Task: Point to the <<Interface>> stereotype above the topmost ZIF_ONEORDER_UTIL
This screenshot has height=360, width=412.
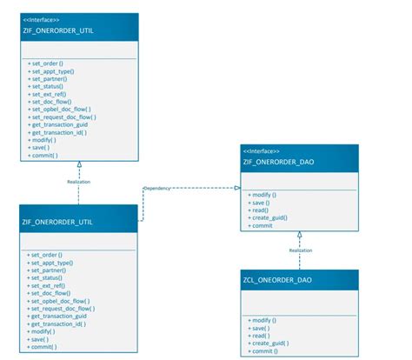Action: pyautogui.click(x=41, y=20)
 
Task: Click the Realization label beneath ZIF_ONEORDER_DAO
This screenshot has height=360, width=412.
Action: pyautogui.click(x=301, y=250)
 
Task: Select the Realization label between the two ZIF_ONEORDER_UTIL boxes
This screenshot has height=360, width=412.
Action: pyautogui.click(x=79, y=182)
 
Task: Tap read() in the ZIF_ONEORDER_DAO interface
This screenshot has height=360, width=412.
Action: pyautogui.click(x=259, y=210)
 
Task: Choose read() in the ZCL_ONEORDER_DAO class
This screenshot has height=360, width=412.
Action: pyautogui.click(x=259, y=336)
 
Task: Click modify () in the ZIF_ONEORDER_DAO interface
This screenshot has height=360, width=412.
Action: pyautogui.click(x=262, y=195)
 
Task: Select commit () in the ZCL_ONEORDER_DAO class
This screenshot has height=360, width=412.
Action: pyautogui.click(x=263, y=351)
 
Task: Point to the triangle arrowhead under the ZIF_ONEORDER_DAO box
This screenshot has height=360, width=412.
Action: pyautogui.click(x=299, y=235)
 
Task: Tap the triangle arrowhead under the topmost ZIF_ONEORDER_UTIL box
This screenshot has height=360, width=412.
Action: pyautogui.click(x=79, y=164)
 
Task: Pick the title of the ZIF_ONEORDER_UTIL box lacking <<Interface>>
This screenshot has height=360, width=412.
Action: pyautogui.click(x=57, y=222)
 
